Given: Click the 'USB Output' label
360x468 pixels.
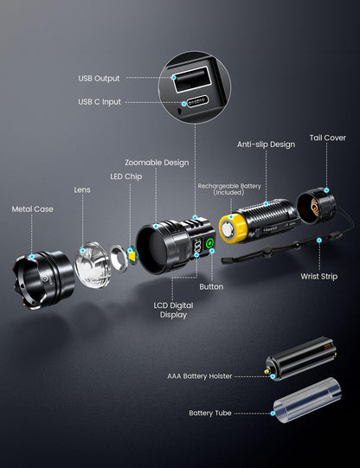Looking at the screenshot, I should [x=99, y=78].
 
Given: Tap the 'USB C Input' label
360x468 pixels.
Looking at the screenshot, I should [x=100, y=101].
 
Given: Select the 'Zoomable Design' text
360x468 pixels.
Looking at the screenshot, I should [x=156, y=162].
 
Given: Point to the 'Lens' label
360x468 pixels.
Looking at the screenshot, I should [x=81, y=189].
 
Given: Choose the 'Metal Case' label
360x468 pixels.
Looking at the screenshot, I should [x=31, y=208].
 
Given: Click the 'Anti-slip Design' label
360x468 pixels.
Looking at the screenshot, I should [x=265, y=145].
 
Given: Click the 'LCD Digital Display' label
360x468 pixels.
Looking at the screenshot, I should [x=172, y=309].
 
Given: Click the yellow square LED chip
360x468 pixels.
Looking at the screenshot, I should [x=132, y=255].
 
